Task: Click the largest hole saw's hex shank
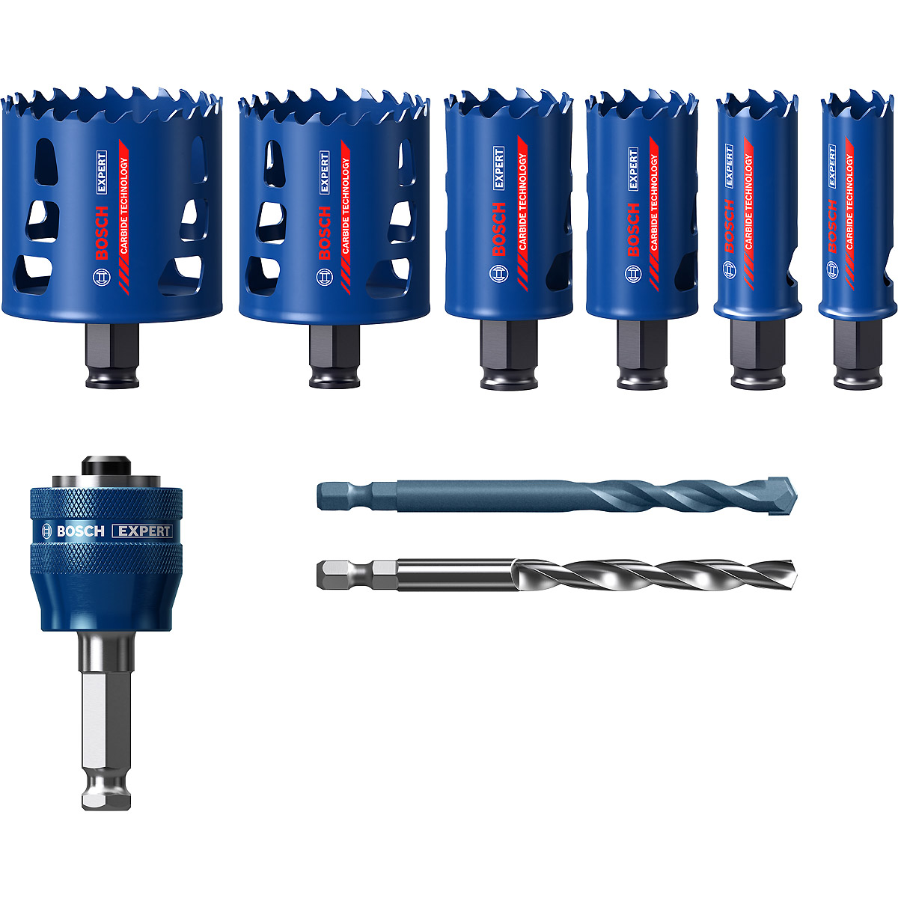(x=112, y=355)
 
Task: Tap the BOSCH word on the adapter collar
(x=80, y=531)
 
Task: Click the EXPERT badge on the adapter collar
(x=143, y=531)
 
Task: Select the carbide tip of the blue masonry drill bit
(x=782, y=495)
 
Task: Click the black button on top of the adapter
(x=106, y=465)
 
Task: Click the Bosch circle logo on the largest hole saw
(x=102, y=277)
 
